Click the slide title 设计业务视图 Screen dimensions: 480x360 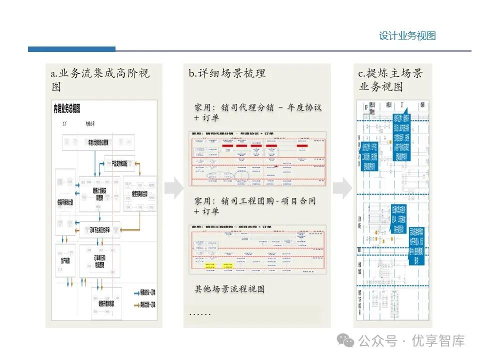[407, 36]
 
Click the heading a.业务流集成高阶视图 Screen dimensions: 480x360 [100, 79]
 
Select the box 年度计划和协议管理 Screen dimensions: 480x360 [105, 143]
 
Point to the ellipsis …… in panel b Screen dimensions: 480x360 [199, 313]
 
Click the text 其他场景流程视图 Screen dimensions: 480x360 [229, 289]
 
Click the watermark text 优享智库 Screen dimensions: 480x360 [438, 341]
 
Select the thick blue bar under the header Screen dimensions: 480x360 [71, 49]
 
